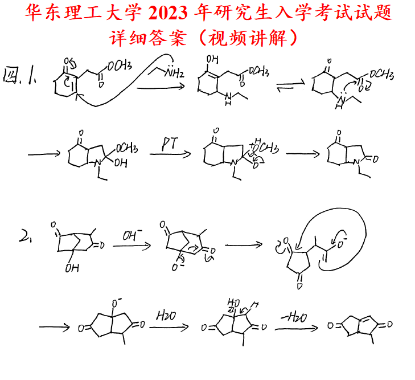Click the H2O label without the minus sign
(166, 315)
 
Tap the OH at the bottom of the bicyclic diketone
(72, 267)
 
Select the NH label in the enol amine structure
(227, 99)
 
